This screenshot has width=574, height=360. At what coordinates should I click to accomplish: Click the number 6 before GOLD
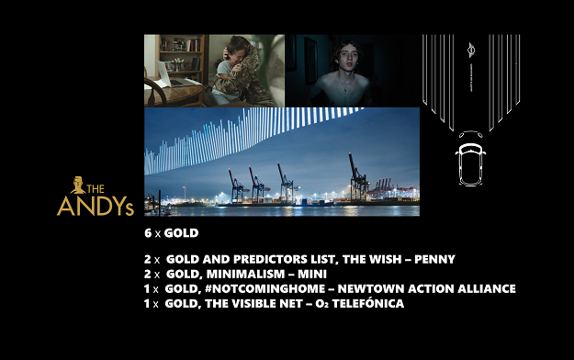point(148,233)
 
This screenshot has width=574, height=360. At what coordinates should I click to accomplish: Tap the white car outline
point(470,164)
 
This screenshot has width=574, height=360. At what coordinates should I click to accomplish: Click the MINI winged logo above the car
point(471,50)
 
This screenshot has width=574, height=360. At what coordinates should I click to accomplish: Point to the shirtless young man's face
point(346,59)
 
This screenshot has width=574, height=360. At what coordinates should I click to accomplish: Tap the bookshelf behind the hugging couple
point(180,55)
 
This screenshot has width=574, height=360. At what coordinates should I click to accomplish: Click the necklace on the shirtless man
point(344,85)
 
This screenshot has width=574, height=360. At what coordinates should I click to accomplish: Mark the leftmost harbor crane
point(236,186)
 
